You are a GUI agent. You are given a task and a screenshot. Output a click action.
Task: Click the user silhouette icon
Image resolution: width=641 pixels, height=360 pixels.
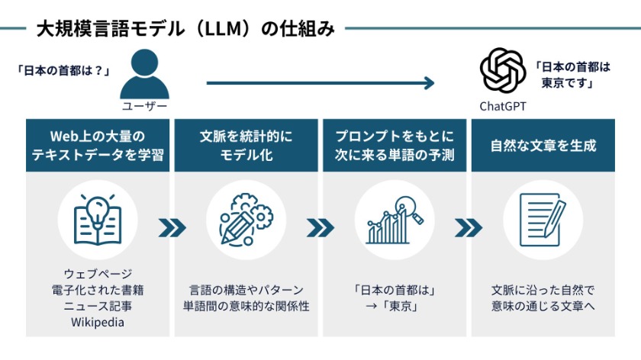(144, 74)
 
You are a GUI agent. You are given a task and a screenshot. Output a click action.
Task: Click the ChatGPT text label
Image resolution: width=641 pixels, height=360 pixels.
(503, 106)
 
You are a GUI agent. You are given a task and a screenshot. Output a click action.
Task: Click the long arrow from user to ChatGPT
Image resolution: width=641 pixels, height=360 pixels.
(320, 82)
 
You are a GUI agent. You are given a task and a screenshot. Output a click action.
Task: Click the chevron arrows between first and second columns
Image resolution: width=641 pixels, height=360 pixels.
(172, 227)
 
